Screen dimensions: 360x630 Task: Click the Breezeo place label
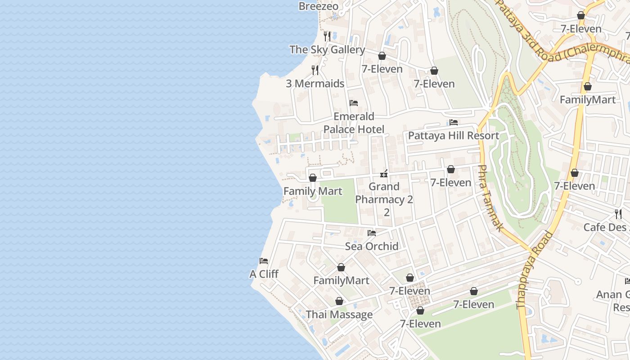click(318, 6)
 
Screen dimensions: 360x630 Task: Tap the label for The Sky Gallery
click(327, 49)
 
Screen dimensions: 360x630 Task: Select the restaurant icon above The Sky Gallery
click(327, 36)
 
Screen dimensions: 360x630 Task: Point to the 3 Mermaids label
click(315, 84)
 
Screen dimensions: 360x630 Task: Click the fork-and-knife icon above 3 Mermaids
click(315, 70)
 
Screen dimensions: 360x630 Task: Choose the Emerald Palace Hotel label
click(354, 123)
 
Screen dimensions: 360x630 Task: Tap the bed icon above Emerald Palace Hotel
click(354, 103)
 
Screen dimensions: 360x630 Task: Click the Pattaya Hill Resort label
click(453, 136)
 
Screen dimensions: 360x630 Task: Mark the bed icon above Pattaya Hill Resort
click(454, 122)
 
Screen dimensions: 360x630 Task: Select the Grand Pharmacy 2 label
click(384, 193)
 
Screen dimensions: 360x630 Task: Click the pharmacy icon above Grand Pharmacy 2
click(384, 173)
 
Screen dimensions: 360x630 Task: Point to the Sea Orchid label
click(372, 246)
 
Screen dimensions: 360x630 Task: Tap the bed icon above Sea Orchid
click(372, 233)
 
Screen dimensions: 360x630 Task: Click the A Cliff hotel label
click(264, 274)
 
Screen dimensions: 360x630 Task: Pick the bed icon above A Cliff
click(264, 261)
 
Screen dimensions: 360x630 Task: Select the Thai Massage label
click(339, 315)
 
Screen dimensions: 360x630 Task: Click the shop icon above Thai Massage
click(339, 301)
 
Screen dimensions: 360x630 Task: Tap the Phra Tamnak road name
click(489, 198)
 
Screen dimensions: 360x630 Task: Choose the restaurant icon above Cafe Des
click(618, 214)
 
